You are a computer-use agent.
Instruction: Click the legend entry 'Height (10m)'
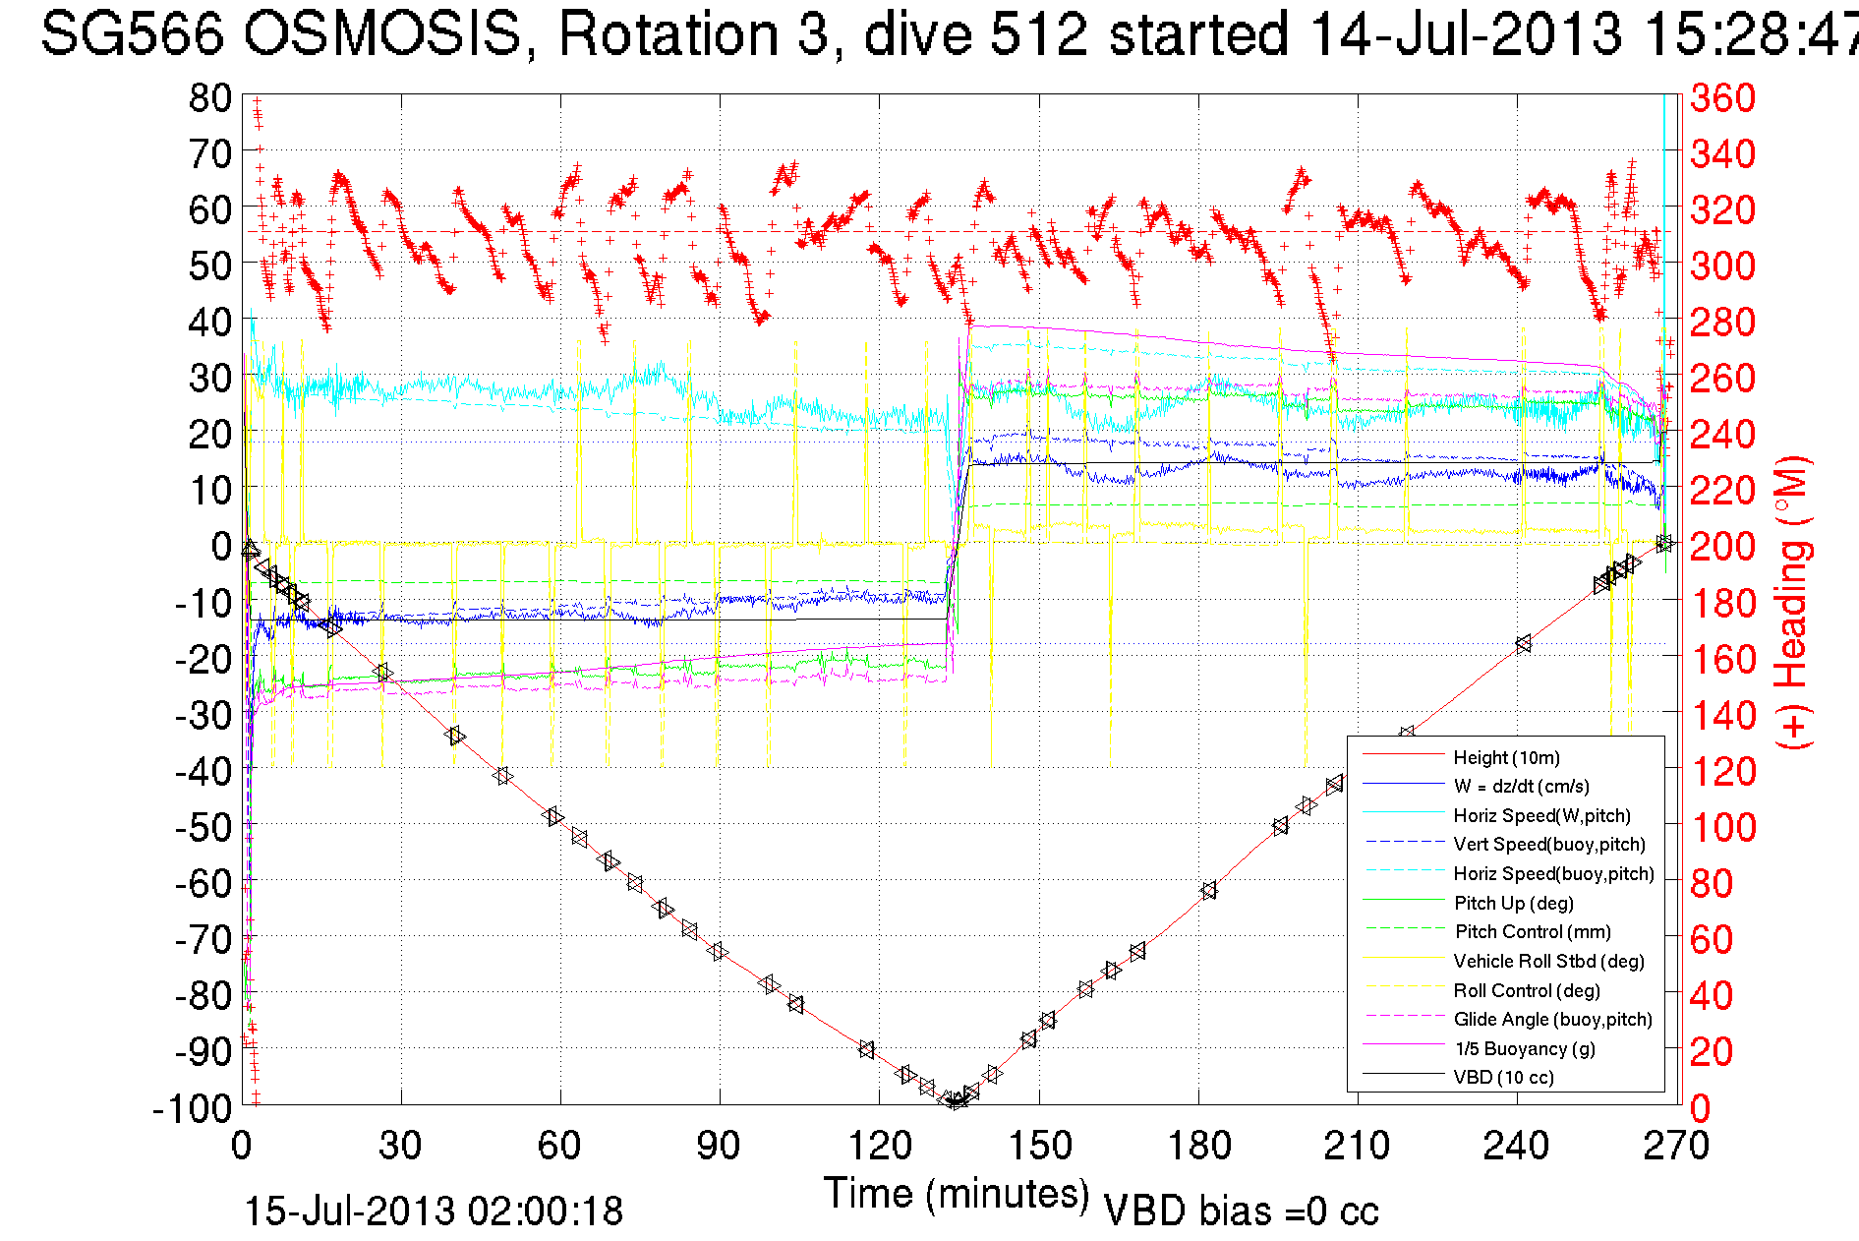click(x=1506, y=757)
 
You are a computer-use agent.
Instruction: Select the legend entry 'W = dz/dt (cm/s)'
click(x=1521, y=786)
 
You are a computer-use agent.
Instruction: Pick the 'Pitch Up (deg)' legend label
click(x=1513, y=903)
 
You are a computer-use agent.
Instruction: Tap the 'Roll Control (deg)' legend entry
click(x=1527, y=990)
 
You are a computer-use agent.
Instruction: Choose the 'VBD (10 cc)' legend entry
click(x=1503, y=1077)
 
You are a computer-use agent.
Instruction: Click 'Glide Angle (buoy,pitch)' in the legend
click(x=1552, y=1019)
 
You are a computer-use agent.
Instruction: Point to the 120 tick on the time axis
click(x=880, y=1146)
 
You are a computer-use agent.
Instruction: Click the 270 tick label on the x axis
click(x=1676, y=1146)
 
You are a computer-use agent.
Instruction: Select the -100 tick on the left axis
click(x=193, y=1108)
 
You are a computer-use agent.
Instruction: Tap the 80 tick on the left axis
click(x=209, y=97)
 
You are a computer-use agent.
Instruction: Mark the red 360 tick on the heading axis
click(x=1722, y=97)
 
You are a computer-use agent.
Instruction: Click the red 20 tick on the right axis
click(x=1712, y=1051)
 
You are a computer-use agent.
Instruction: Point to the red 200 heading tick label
click(x=1722, y=546)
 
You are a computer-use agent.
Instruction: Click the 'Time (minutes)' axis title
click(x=957, y=1194)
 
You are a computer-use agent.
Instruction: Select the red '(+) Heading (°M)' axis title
click(x=1791, y=602)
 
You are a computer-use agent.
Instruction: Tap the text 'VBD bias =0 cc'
click(x=1241, y=1211)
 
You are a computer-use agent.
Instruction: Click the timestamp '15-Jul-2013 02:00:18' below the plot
click(x=434, y=1211)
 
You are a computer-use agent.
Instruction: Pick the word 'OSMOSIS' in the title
click(x=382, y=33)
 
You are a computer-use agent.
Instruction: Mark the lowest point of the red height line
click(x=955, y=1103)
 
